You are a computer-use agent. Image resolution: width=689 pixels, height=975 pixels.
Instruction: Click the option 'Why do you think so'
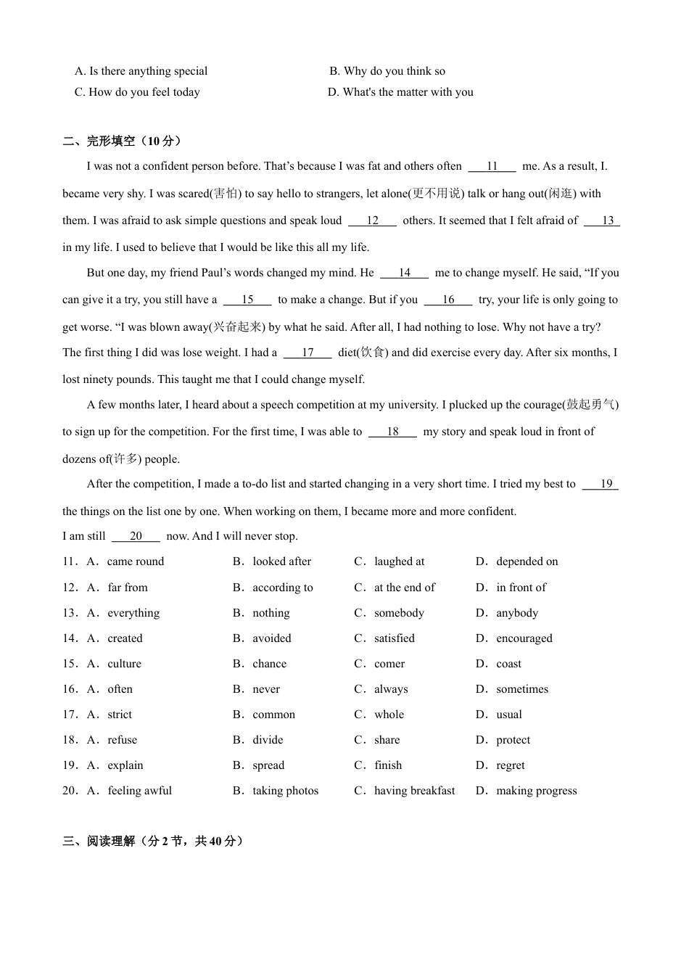(x=394, y=71)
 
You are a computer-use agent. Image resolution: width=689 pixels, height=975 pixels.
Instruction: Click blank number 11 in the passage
(x=492, y=166)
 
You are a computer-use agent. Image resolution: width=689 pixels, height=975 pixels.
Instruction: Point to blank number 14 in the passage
(x=404, y=273)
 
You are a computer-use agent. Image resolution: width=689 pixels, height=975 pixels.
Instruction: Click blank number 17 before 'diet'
(x=308, y=353)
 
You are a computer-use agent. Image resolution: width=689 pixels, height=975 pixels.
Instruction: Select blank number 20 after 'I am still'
(x=136, y=536)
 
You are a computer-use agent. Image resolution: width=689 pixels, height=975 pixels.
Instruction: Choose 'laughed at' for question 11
(x=399, y=561)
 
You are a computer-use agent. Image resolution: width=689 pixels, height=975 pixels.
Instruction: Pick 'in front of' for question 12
(x=521, y=588)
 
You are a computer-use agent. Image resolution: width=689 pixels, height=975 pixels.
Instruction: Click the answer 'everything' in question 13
(x=133, y=613)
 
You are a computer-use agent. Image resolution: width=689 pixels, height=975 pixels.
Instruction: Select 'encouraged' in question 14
(x=524, y=638)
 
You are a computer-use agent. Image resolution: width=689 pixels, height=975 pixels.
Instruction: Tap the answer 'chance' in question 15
(x=269, y=664)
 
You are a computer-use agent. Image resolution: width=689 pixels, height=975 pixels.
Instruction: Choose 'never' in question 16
(x=266, y=689)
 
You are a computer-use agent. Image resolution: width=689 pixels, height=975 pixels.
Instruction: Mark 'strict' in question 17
(x=120, y=715)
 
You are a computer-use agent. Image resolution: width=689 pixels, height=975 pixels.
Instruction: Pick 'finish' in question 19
(x=388, y=765)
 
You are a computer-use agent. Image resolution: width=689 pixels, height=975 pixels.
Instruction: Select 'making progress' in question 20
(x=536, y=791)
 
